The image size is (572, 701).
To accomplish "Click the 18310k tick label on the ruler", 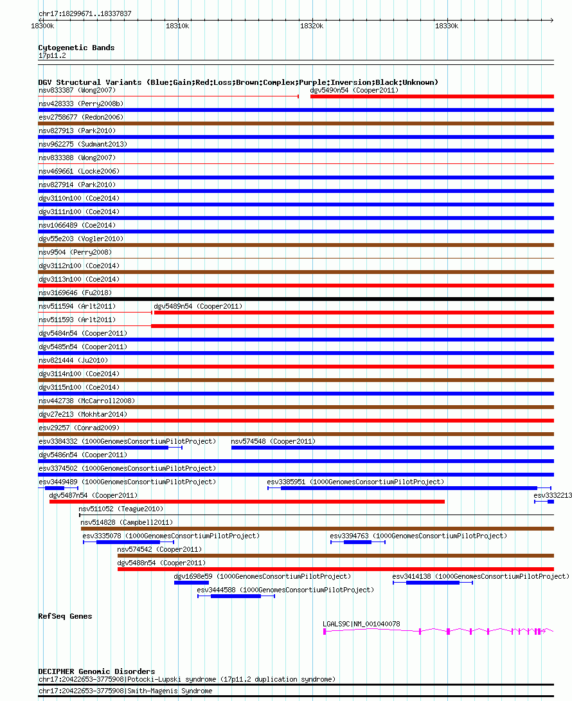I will (x=177, y=26).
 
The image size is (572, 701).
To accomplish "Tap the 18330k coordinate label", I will (x=447, y=26).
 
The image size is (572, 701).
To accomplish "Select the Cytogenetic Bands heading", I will (x=76, y=48).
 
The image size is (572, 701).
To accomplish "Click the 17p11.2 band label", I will (x=52, y=55).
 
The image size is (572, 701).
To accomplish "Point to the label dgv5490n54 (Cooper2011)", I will (x=354, y=90).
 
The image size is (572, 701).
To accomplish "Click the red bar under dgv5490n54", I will (x=432, y=96).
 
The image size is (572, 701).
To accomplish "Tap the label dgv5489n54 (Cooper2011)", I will (x=198, y=306).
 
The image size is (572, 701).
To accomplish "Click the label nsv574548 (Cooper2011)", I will (x=273, y=441).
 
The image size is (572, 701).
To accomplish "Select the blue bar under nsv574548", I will (x=392, y=448).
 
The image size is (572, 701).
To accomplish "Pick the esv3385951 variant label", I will (x=355, y=482).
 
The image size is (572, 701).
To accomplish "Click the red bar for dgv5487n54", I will (x=247, y=502).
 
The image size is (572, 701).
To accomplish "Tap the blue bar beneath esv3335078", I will (x=128, y=542).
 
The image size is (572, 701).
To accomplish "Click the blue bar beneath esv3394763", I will (x=357, y=542).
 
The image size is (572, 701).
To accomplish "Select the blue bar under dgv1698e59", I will (x=192, y=583).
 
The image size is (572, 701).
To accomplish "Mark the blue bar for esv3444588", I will (x=235, y=596).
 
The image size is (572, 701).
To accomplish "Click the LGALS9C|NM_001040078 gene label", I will (x=361, y=624).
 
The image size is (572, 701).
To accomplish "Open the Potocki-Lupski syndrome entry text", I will (x=186, y=679).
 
